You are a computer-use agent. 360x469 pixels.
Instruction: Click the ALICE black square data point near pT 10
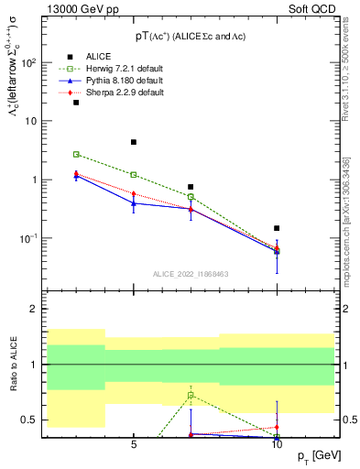click(277, 228)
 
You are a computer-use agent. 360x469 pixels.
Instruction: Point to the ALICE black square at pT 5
click(134, 142)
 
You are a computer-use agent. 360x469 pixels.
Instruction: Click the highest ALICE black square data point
click(76, 103)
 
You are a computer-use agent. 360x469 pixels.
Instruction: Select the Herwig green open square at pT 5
click(134, 174)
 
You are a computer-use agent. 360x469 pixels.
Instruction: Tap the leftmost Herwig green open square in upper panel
click(76, 154)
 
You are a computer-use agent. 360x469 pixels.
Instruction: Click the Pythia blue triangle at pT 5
click(134, 202)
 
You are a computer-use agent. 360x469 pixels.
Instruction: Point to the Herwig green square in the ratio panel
click(191, 395)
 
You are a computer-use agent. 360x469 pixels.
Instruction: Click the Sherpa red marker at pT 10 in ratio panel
click(277, 427)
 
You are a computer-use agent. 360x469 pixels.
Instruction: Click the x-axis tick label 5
click(134, 445)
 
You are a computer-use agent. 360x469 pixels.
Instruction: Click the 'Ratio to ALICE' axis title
click(12, 365)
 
